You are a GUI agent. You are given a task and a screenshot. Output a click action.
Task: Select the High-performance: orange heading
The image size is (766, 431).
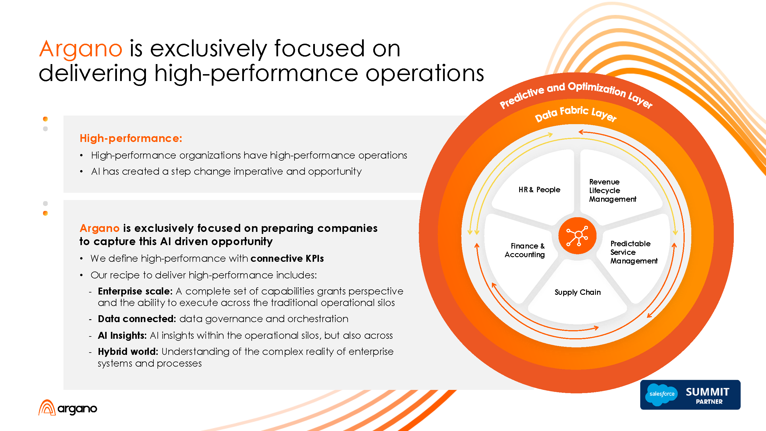(131, 138)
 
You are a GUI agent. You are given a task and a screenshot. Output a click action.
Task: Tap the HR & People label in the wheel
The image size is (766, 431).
(539, 190)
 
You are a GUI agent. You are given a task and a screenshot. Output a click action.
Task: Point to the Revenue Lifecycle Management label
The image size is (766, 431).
(612, 191)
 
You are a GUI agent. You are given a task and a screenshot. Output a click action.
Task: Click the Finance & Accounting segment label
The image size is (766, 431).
(525, 250)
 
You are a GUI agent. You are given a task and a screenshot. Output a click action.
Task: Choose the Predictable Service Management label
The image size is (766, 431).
(633, 252)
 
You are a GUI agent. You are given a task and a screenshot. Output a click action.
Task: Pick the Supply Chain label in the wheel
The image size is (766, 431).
(578, 293)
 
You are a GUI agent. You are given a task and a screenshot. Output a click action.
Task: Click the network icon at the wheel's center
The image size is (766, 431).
(578, 236)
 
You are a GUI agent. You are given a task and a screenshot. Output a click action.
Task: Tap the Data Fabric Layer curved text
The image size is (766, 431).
(576, 113)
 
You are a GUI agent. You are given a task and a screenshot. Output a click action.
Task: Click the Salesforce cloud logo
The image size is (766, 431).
(662, 394)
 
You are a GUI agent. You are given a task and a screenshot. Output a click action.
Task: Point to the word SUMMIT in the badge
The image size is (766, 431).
(707, 392)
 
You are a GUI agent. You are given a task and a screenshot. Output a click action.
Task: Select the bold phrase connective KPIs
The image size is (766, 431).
(287, 259)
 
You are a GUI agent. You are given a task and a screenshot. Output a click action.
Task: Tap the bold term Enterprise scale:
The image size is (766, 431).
(135, 291)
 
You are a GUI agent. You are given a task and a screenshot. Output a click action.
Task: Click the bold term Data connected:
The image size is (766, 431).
(137, 319)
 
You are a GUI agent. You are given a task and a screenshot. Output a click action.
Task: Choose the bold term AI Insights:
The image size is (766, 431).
(122, 336)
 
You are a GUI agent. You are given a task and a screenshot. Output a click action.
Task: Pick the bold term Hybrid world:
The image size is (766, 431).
(128, 352)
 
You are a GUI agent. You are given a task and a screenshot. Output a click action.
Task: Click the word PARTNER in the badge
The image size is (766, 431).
(709, 402)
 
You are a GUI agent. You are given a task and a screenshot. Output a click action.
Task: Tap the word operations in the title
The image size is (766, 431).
(425, 74)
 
